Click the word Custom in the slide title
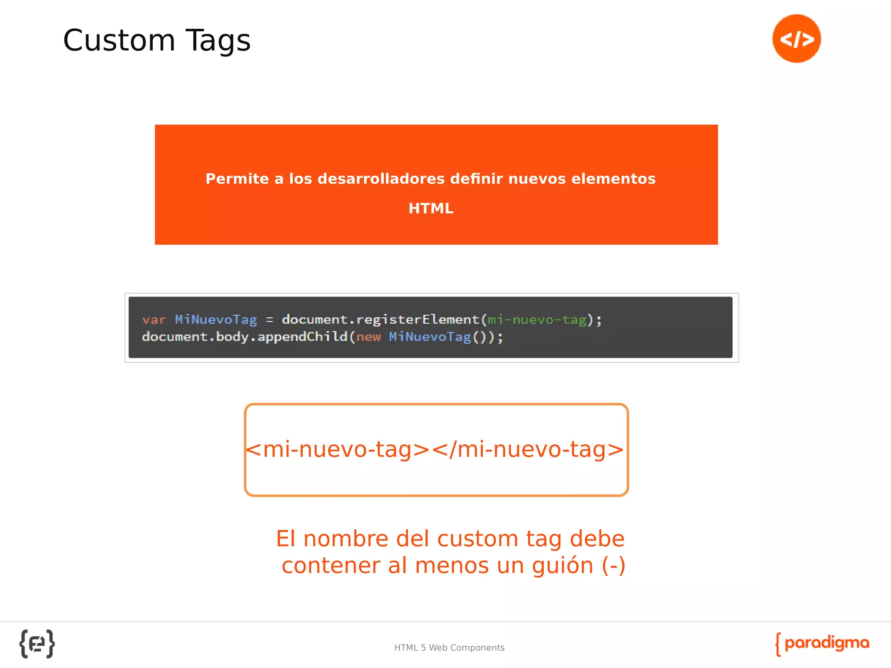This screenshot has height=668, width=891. point(119,40)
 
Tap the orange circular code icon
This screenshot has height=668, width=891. point(796,39)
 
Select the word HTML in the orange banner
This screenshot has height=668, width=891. point(431,209)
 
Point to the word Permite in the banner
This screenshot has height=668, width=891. point(237,179)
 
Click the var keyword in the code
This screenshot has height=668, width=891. point(154,320)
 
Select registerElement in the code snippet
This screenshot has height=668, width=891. point(418,320)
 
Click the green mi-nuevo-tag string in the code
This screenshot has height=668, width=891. point(537,320)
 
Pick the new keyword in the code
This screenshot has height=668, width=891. point(368,337)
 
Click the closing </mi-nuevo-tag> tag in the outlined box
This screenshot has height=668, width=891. point(528,449)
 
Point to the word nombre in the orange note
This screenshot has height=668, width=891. point(346,539)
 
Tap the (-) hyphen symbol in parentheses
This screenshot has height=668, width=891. point(614,566)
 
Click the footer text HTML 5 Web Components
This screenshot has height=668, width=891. point(449,648)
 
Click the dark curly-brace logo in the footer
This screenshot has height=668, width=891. point(37,644)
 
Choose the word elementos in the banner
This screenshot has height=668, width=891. point(613,179)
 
